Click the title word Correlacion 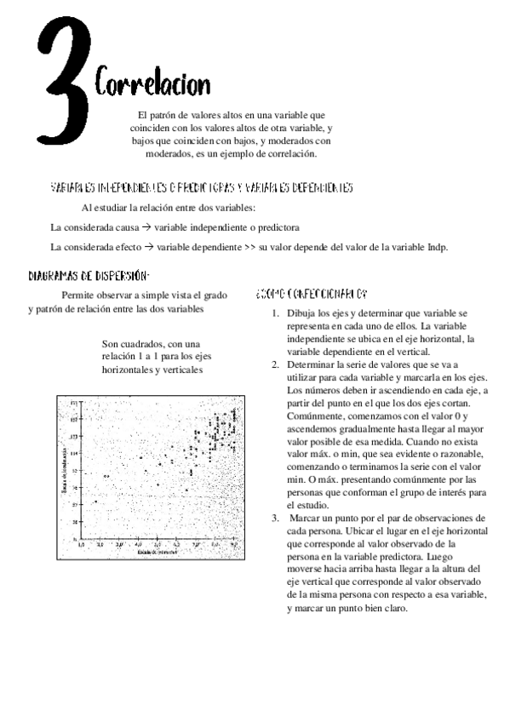point(152,84)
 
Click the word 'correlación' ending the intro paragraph point(289,154)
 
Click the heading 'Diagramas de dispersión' point(89,275)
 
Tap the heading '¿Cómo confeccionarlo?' point(311,293)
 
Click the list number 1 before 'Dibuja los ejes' point(275,313)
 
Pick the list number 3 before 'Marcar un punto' point(275,517)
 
